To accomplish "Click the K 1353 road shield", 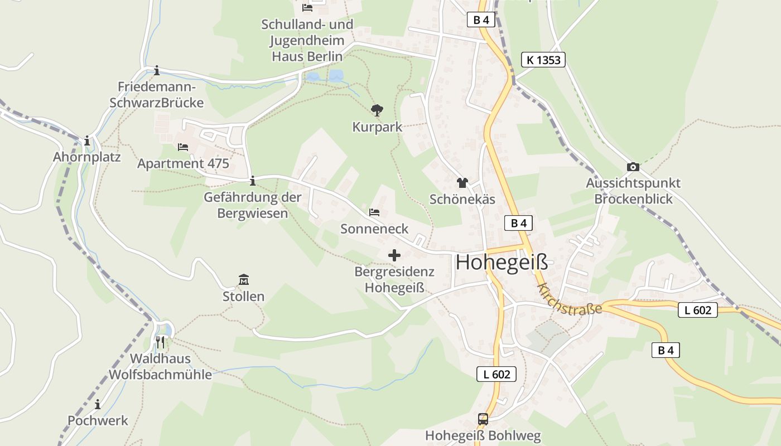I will click(x=543, y=60).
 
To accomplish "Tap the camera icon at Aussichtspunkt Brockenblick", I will click(x=633, y=167).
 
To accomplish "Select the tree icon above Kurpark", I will click(x=377, y=110).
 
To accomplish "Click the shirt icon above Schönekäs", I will click(x=462, y=183).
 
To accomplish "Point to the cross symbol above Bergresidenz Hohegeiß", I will click(x=394, y=255).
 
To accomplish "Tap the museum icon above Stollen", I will click(x=244, y=279).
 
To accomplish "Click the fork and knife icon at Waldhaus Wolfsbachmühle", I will click(x=160, y=342).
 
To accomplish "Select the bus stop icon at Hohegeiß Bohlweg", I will click(x=483, y=419).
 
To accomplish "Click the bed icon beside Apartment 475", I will click(x=183, y=147).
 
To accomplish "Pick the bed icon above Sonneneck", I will click(x=374, y=212).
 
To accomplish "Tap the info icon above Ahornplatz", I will click(x=87, y=141).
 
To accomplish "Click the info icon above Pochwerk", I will click(x=98, y=404).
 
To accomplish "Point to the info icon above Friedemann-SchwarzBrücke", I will click(x=157, y=70).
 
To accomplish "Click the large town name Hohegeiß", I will click(x=502, y=262).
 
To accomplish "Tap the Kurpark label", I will click(x=377, y=127).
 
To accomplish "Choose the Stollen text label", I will click(x=243, y=297).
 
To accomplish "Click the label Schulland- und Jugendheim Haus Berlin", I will click(x=307, y=40).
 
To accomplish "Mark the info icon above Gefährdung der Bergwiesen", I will click(x=253, y=181).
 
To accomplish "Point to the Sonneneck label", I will click(x=374, y=229).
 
